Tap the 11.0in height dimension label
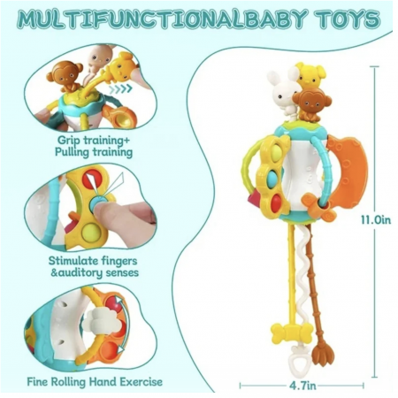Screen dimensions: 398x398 (376, 220)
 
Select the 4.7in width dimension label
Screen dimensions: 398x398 (302, 386)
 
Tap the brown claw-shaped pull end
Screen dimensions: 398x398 (320, 355)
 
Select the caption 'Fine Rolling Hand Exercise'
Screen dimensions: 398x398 (95, 382)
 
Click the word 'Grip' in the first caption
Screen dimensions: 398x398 (68, 140)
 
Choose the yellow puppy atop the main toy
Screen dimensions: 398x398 (310, 75)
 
